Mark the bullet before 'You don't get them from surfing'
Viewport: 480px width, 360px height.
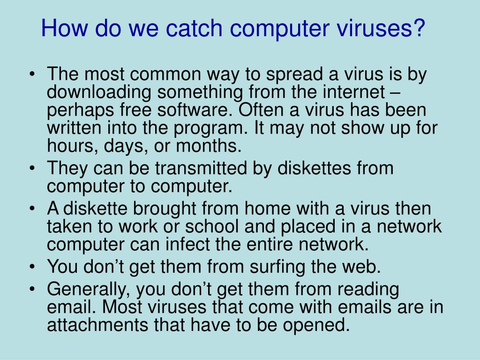tap(31, 267)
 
